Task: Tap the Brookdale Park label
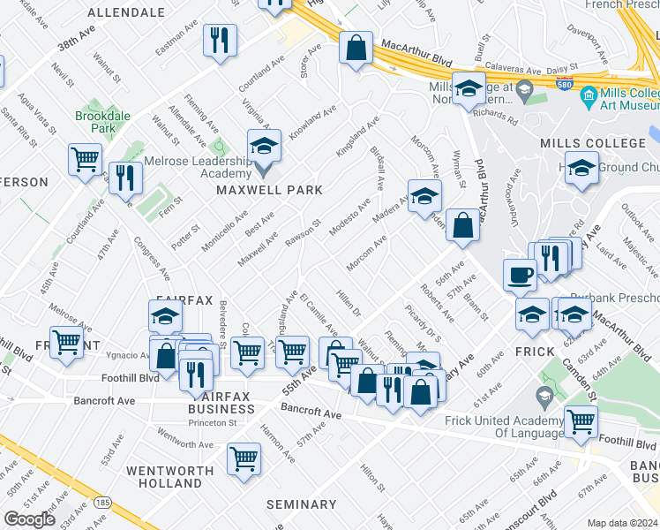(x=96, y=122)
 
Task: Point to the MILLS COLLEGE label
(x=593, y=143)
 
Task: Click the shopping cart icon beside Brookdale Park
(x=85, y=160)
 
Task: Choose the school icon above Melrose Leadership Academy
(x=264, y=146)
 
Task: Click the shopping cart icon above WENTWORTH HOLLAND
(x=244, y=458)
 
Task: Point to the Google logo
(x=29, y=519)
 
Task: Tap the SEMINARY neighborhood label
(x=302, y=504)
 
